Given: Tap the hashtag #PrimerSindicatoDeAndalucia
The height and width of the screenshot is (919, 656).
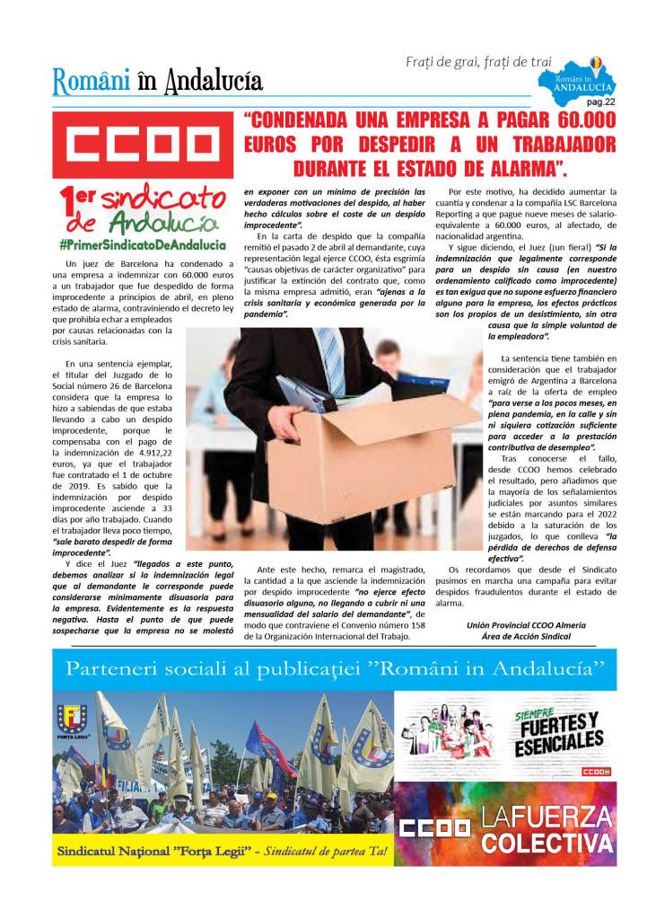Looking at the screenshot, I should coord(142,244).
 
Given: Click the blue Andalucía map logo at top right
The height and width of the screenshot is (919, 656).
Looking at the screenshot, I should coord(582,79).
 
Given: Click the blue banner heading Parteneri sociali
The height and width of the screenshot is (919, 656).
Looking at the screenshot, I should coord(334,669).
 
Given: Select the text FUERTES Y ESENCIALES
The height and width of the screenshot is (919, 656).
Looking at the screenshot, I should coord(558,731).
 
